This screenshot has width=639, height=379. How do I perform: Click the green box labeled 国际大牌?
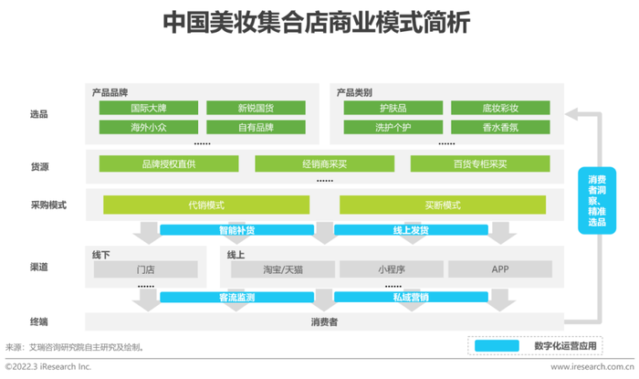tap(149, 108)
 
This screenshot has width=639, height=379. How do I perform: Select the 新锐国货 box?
tap(256, 108)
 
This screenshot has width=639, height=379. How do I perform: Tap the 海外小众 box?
tap(149, 127)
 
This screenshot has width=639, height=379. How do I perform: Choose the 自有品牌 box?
tap(256, 127)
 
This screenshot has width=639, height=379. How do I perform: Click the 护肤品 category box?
tap(393, 108)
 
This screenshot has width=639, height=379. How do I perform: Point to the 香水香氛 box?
tap(500, 127)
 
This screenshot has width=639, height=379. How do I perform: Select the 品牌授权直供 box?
tap(169, 163)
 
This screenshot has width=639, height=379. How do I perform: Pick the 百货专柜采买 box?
tap(480, 163)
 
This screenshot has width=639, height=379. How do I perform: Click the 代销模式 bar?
tap(206, 205)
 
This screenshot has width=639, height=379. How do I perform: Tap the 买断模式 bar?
tap(443, 205)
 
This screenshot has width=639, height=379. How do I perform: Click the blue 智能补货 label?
tap(236, 230)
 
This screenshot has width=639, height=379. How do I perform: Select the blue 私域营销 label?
tap(411, 297)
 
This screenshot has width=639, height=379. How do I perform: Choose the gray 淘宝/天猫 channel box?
tap(283, 269)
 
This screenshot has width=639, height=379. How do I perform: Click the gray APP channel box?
tap(500, 269)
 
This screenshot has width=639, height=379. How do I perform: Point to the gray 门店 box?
tap(145, 269)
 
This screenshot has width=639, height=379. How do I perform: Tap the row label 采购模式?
tap(48, 205)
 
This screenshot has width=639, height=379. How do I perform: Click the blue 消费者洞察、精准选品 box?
tap(597, 201)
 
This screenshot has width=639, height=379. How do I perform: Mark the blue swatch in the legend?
tap(497, 345)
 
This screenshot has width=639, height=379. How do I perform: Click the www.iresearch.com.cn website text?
tap(592, 367)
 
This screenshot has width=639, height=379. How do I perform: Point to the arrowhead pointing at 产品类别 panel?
tap(571, 114)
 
